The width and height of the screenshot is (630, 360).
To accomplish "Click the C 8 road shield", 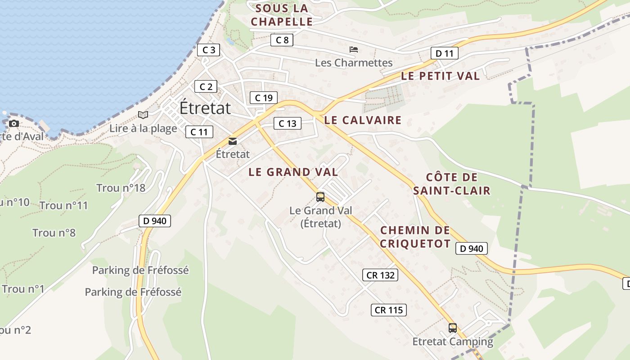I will tap(282, 40).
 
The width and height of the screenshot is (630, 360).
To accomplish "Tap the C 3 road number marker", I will tap(208, 49).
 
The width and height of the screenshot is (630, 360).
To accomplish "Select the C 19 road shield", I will tap(264, 98).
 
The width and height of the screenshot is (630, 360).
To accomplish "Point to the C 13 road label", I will tap(287, 123).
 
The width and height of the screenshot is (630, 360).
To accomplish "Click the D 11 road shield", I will tap(444, 53).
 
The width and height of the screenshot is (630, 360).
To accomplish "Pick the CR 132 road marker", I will tap(380, 275).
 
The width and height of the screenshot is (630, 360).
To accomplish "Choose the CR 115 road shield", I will tap(389, 310).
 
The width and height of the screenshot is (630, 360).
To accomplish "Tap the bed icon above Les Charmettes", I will tap(354, 49).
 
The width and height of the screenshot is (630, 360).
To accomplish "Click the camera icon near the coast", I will tap(14, 123).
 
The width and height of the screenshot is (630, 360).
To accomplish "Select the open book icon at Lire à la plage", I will tap(143, 115).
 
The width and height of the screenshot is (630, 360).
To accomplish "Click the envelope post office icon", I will tap(233, 141).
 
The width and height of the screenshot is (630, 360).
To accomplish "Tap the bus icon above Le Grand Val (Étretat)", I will tap(320, 197).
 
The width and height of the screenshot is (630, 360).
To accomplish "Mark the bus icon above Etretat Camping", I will tap(453, 328).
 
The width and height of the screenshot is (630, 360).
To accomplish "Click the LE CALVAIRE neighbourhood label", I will tap(363, 120).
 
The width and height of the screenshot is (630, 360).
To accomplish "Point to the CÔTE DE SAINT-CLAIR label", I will tap(452, 184).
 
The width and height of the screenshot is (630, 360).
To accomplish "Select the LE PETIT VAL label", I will tap(440, 76).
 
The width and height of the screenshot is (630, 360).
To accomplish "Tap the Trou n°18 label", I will tap(121, 188).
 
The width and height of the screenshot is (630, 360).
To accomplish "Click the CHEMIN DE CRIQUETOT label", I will tap(415, 237).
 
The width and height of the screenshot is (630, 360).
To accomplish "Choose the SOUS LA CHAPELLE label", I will tap(282, 15).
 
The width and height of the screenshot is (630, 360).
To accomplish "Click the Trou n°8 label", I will tap(54, 233).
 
